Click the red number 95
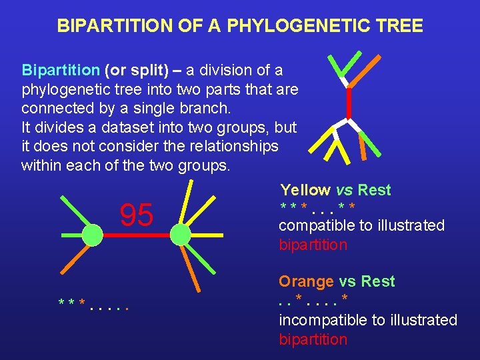tap(136, 215)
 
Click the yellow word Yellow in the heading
tap(305, 190)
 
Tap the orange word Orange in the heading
tap(306, 281)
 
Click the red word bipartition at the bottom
tap(313, 339)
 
